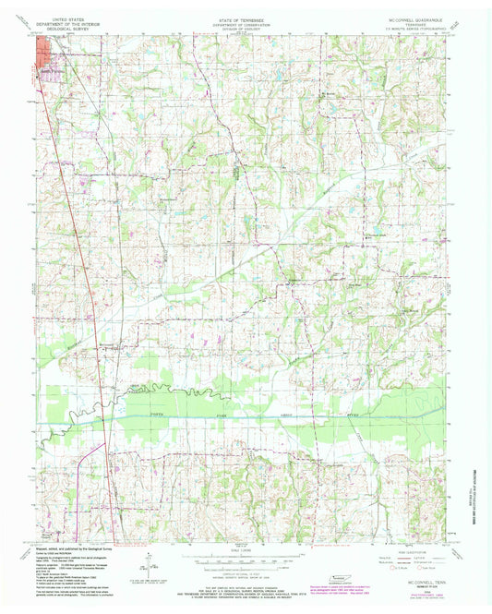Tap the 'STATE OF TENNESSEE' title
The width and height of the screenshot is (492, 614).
coord(245,18)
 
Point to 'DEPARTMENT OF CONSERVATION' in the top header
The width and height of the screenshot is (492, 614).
coord(245,23)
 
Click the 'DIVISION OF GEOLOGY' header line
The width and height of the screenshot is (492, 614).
coord(245,29)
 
